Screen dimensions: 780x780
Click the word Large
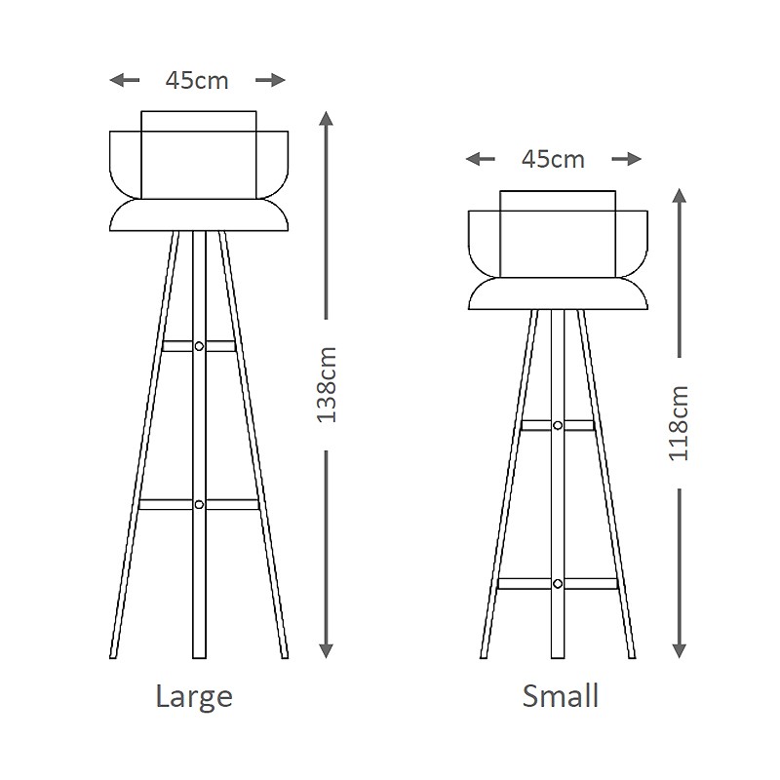pyautogui.click(x=194, y=696)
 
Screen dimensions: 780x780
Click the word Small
pyautogui.click(x=560, y=695)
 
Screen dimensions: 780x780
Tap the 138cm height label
pyautogui.click(x=327, y=384)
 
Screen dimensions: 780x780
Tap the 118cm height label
pyautogui.click(x=679, y=423)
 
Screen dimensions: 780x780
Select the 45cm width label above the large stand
pyautogui.click(x=197, y=81)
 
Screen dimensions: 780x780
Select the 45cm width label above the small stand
pyautogui.click(x=553, y=160)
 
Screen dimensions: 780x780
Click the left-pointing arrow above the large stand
pyautogui.click(x=125, y=80)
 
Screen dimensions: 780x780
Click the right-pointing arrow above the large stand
pyautogui.click(x=271, y=80)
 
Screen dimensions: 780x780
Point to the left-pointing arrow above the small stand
pyautogui.click(x=481, y=159)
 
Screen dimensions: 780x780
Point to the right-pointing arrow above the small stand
pyautogui.click(x=626, y=159)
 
